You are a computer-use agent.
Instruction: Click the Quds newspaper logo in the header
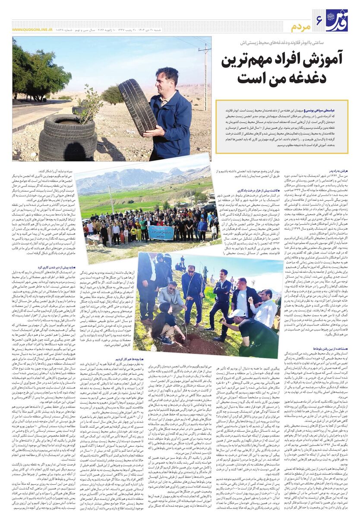(x=336, y=20)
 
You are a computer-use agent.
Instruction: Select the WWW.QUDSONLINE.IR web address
(x=30, y=30)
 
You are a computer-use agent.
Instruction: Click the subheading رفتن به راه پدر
(x=336, y=171)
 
